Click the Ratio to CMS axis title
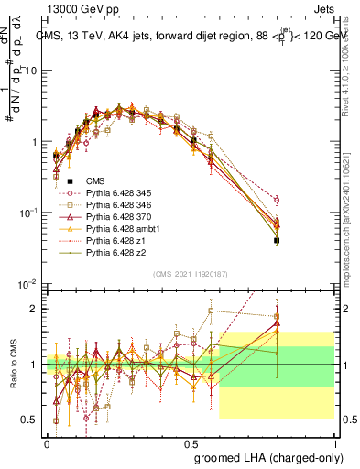pos(12,365)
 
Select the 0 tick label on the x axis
pos(47,442)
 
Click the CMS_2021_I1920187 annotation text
pos(190,274)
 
